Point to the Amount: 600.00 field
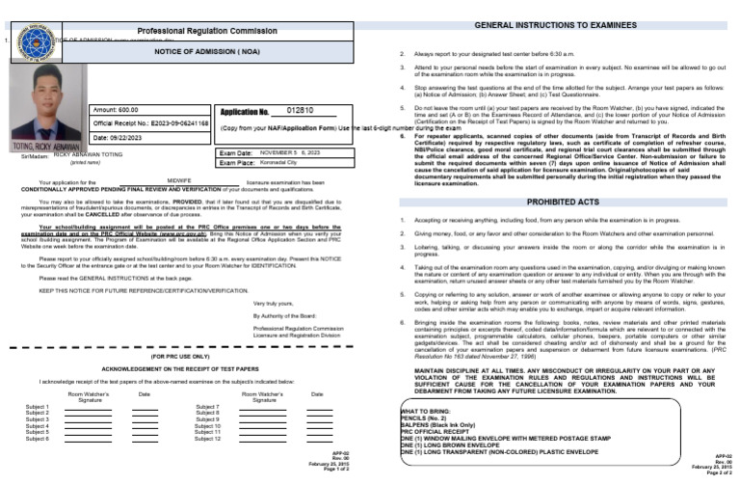tap(119, 111)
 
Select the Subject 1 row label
tap(38, 407)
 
